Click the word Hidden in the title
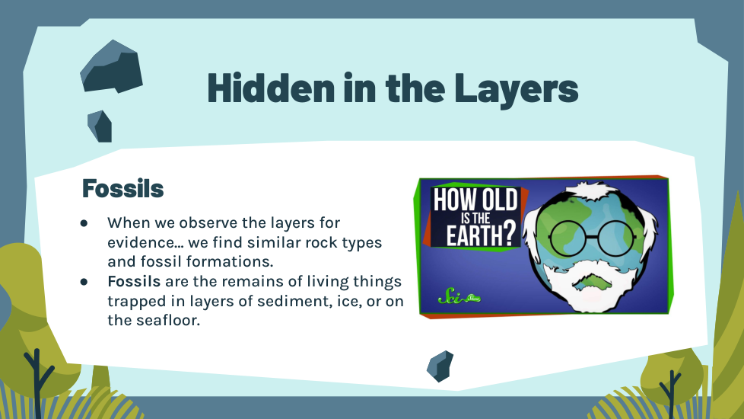pyautogui.click(x=271, y=88)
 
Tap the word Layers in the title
pyautogui.click(x=517, y=90)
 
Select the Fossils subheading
pyautogui.click(x=123, y=189)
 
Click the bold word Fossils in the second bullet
pyautogui.click(x=134, y=281)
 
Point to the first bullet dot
pyautogui.click(x=84, y=222)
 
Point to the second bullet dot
pyautogui.click(x=84, y=282)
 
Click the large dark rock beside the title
pyautogui.click(x=111, y=67)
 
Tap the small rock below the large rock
pyautogui.click(x=100, y=126)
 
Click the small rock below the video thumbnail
pyautogui.click(x=440, y=366)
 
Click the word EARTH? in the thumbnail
pyautogui.click(x=481, y=235)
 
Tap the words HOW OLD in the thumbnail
pyautogui.click(x=475, y=200)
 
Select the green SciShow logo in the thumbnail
pyautogui.click(x=459, y=297)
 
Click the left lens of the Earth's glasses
pyautogui.click(x=567, y=238)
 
